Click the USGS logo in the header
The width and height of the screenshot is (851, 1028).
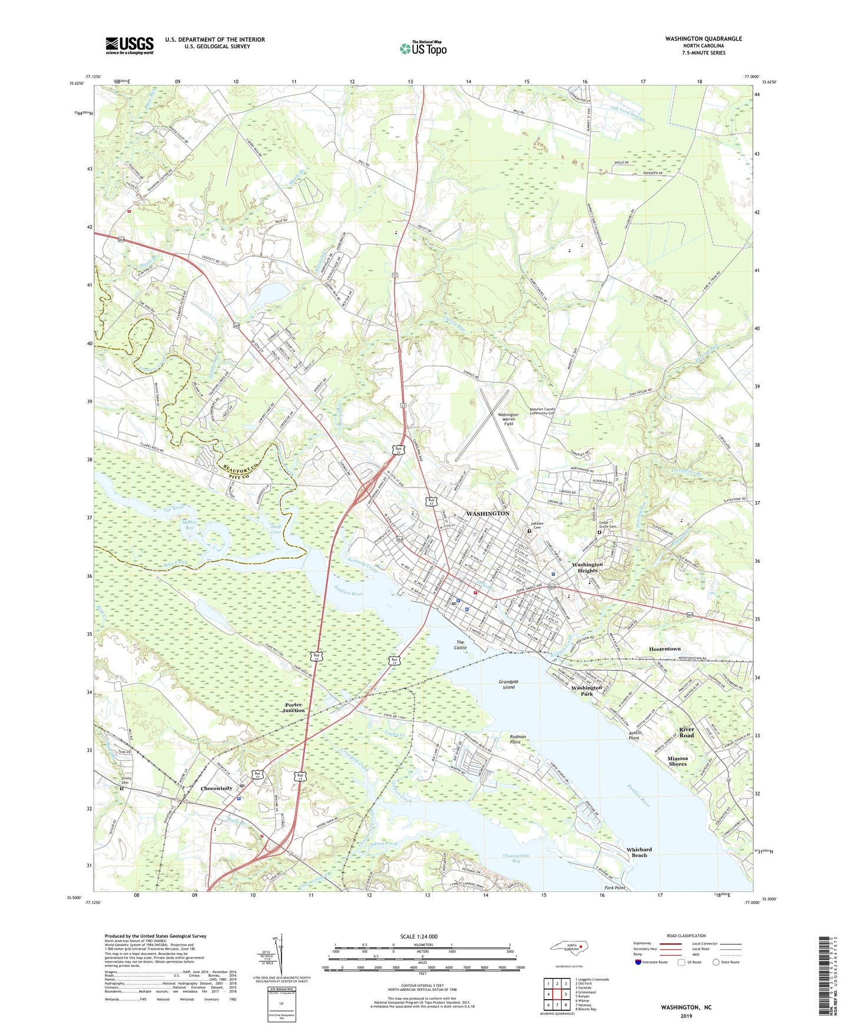[130, 45]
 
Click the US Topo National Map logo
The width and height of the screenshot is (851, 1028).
[423, 48]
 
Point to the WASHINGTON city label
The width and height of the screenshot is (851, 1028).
[488, 513]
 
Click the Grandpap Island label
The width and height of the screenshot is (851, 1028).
[508, 684]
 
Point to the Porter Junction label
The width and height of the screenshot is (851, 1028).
[293, 707]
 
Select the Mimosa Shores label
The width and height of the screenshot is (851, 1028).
[677, 761]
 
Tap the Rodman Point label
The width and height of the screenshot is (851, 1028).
[518, 740]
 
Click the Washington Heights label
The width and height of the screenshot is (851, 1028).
[587, 567]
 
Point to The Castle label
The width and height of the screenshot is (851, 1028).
[460, 645]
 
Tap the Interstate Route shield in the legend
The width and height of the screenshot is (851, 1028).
[638, 961]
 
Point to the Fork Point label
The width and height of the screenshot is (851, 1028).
[615, 887]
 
